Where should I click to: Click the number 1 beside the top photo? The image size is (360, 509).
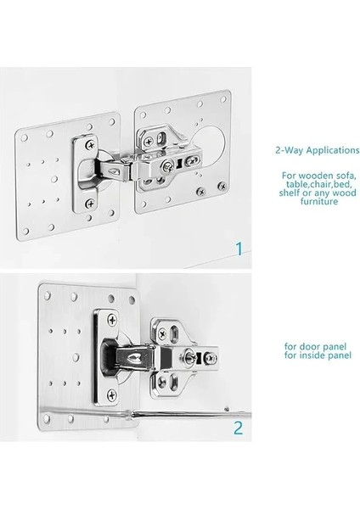[x=239, y=249]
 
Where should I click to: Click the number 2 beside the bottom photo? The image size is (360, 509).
[x=238, y=428]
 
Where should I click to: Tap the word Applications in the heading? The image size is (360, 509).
[x=332, y=151]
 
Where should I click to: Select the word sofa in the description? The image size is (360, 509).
[x=344, y=176]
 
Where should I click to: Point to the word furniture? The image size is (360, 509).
[x=318, y=201]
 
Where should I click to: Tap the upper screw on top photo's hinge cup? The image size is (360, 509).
[x=91, y=145]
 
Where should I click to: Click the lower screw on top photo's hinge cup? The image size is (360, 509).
[x=90, y=204]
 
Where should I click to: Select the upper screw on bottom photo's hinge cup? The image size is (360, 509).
[x=112, y=320]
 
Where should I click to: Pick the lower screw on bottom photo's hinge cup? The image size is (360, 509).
[x=112, y=395]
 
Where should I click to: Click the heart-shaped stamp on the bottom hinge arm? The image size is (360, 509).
[x=134, y=358]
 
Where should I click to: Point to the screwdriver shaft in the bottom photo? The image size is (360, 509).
[x=191, y=414]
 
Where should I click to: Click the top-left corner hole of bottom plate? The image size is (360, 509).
[x=48, y=295]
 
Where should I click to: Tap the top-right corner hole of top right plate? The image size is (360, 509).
[x=223, y=99]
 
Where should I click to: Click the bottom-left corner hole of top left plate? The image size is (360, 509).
[x=25, y=231]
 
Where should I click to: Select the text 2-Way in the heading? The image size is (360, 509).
[x=290, y=151]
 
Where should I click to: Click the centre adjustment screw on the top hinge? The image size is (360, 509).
[x=168, y=167]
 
